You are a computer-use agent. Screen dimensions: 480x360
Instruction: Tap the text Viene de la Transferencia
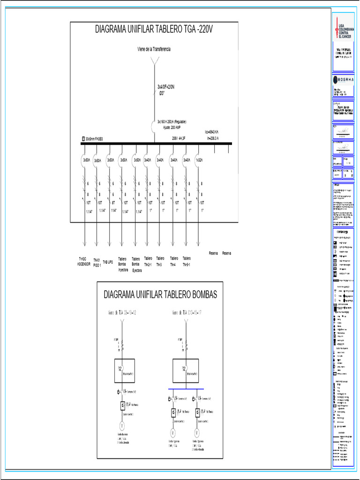pos(154,49)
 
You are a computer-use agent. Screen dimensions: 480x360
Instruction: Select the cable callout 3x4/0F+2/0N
pos(166,87)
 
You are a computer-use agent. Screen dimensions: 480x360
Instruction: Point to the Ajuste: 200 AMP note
pos(173,127)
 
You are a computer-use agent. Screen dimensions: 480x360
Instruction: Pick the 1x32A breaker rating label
pos(200,160)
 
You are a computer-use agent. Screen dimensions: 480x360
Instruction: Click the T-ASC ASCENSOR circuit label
pos(84,261)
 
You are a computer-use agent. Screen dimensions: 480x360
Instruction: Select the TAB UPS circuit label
pos(108,262)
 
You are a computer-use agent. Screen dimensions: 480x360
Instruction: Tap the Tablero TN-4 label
pos(174,261)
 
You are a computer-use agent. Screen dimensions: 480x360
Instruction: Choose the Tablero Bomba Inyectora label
pos(123,264)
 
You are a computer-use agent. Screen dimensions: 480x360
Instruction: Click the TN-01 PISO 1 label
pos(97,262)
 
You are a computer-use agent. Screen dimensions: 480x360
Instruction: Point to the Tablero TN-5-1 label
pos(187,261)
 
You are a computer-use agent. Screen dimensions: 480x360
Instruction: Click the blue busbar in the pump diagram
pos(187,389)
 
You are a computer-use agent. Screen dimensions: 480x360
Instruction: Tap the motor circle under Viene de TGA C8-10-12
pos(122,426)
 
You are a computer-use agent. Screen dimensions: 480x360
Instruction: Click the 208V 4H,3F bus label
pos(179,139)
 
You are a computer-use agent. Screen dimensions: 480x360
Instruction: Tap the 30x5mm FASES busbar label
pos(94,139)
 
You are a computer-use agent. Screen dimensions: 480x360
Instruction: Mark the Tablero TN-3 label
pos(160,261)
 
